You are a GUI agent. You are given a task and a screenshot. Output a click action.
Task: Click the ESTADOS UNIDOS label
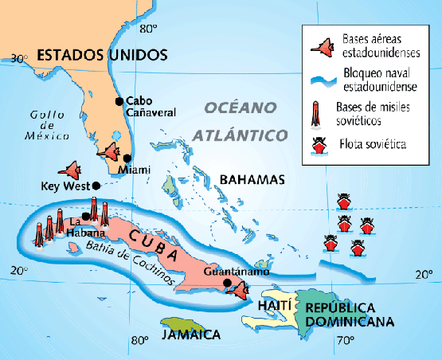(103, 55)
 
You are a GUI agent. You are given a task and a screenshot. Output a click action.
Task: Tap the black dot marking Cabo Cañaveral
(119, 101)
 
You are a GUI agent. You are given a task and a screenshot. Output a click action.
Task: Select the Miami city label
(132, 170)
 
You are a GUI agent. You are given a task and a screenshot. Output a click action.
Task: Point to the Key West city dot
(96, 186)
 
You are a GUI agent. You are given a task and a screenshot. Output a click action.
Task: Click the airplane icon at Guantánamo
(237, 288)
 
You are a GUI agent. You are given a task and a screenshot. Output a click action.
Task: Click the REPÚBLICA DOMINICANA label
(350, 315)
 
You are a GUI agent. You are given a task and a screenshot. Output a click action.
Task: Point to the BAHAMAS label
(252, 180)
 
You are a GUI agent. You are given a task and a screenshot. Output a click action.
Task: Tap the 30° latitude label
(21, 57)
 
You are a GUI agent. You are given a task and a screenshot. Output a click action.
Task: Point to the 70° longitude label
(344, 342)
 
